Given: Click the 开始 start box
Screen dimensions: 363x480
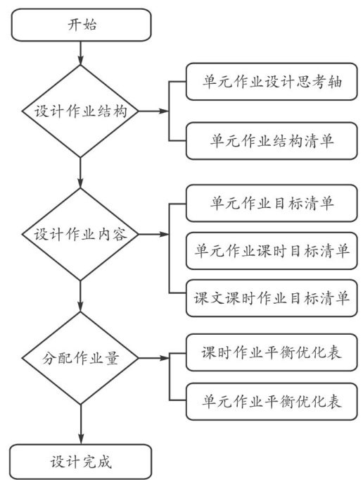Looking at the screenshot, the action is [82, 25].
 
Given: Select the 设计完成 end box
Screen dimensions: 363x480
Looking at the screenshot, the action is [81, 462].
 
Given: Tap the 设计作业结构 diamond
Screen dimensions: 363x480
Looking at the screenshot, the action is [80, 111].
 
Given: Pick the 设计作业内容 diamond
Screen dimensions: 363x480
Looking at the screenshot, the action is [80, 235].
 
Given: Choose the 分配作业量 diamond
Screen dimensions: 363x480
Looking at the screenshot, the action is [80, 358].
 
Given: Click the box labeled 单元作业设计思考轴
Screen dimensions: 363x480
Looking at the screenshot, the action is [272, 82].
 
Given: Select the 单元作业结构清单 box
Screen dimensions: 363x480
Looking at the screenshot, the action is [272, 141].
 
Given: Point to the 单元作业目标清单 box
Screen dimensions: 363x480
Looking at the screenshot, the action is [272, 203].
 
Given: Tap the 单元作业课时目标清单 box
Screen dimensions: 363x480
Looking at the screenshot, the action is [272, 251].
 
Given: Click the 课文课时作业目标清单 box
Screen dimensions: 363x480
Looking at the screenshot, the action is [272, 298].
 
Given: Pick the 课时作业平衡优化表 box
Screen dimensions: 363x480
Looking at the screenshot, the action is [272, 352].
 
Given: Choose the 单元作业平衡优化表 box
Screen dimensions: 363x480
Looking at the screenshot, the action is [272, 401].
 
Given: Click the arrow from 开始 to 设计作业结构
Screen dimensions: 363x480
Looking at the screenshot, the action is [80, 53].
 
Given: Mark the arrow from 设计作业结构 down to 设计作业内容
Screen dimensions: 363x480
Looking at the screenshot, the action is [80, 173].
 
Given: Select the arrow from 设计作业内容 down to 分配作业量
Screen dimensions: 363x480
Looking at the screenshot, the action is [80, 296].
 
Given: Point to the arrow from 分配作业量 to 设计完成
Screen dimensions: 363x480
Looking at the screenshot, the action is [81, 424].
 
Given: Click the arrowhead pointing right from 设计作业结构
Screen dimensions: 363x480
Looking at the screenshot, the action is [165, 111].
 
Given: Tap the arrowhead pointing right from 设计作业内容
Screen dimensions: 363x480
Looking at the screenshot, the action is [165, 235].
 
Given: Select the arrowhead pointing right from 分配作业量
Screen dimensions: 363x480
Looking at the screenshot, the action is [165, 358].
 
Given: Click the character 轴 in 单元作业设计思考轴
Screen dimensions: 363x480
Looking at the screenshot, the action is [334, 82].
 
